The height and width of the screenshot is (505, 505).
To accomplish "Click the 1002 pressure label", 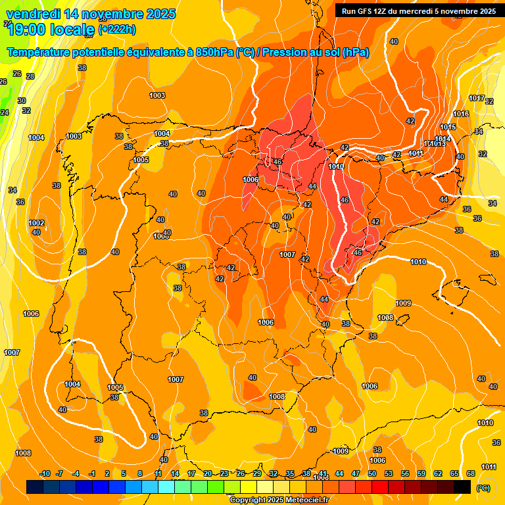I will (x=37, y=223).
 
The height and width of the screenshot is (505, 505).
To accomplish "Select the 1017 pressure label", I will (x=477, y=98).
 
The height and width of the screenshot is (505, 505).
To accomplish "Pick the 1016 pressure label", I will (x=461, y=114).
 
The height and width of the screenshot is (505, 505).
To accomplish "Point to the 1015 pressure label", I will (x=448, y=127).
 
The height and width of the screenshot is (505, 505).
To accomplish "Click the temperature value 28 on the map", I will (x=30, y=76).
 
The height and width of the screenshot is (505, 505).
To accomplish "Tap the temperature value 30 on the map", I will (x=22, y=101).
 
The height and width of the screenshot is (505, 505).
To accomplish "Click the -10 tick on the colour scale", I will (x=45, y=473).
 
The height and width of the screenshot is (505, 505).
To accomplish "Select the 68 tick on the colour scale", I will (x=470, y=473).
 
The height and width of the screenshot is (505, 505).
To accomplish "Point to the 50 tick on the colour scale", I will (x=372, y=473).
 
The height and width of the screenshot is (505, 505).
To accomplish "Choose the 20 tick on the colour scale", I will (x=208, y=473).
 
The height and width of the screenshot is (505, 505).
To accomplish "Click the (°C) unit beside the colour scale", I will (x=483, y=487).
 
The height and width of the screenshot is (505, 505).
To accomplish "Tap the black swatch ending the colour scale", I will (x=462, y=487).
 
